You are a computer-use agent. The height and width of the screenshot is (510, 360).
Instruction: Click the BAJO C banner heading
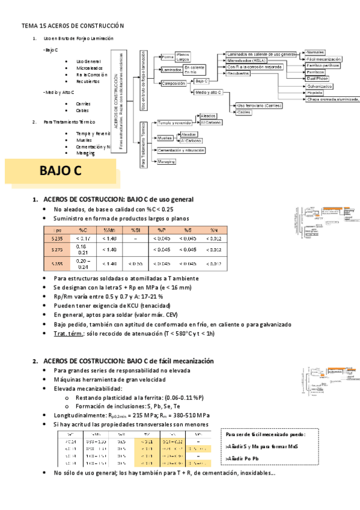click(60, 171)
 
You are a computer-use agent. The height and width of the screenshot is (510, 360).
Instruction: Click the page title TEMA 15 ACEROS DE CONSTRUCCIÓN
click(72, 26)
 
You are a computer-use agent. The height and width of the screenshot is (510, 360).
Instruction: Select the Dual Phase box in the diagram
click(317, 79)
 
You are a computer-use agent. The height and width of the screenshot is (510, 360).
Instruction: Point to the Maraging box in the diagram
click(166, 162)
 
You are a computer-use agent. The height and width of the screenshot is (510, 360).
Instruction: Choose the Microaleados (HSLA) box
click(246, 61)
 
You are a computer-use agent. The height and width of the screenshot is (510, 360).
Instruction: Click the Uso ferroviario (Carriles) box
click(259, 105)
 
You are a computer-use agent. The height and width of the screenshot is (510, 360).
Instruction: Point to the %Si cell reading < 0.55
click(136, 263)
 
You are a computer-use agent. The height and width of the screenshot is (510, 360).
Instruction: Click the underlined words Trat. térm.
click(67, 334)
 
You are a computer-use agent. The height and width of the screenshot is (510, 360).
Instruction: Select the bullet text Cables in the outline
click(83, 111)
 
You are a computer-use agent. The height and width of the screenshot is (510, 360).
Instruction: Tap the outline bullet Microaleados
click(90, 68)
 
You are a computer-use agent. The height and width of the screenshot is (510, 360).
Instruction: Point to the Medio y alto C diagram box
click(209, 93)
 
